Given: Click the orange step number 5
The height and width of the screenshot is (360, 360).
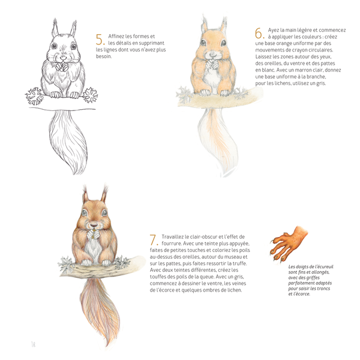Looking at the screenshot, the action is click(x=100, y=40).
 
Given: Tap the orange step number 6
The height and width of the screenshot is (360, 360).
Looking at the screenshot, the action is click(x=260, y=33).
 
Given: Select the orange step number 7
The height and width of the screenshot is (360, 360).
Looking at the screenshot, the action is click(x=154, y=239).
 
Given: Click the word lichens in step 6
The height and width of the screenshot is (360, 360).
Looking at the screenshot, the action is click(x=283, y=83).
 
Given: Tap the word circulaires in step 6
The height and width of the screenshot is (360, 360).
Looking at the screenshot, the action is click(x=320, y=50).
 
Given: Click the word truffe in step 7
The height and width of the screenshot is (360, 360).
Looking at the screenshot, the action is click(x=239, y=263).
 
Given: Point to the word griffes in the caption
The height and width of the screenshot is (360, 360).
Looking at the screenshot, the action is click(x=312, y=278).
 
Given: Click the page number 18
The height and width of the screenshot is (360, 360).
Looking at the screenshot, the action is click(x=33, y=344).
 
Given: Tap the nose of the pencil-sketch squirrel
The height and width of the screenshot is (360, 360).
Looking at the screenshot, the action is click(x=63, y=57).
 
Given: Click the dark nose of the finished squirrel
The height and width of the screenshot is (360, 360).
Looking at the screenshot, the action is click(x=94, y=224).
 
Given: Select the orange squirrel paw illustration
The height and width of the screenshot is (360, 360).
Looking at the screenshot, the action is click(x=289, y=244).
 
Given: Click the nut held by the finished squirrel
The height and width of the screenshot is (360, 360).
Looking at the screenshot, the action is click(x=93, y=234).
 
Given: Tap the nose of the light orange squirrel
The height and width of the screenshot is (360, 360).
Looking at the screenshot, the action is click(x=213, y=54).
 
